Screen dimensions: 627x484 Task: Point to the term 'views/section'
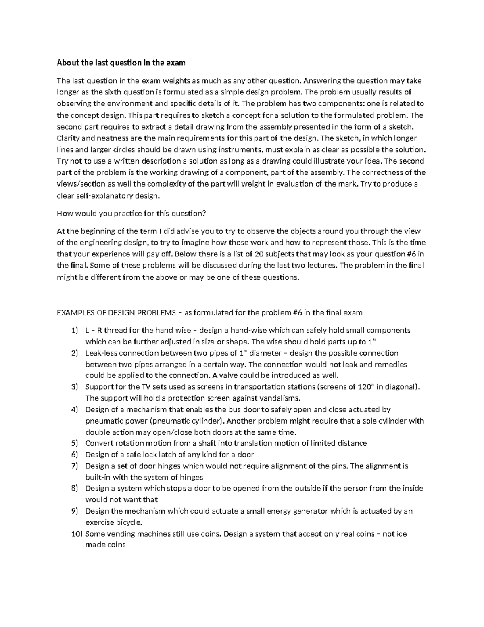tap(79, 184)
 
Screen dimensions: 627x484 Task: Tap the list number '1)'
tap(74, 330)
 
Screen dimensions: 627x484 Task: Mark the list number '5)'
tap(74, 443)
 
